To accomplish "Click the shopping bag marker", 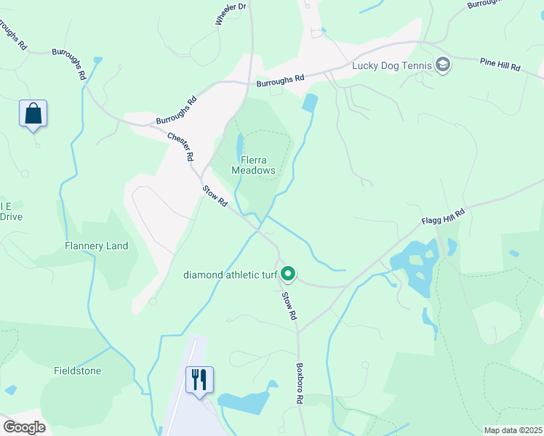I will point(33,114).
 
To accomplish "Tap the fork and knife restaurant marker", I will point(199,380).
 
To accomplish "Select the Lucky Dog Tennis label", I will point(392,65).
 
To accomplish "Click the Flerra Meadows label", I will point(254,165).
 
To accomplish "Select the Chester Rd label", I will point(180,146).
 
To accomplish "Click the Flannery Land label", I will point(96,246).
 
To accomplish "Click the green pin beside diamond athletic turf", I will point(288,274).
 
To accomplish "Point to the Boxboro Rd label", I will point(299,383).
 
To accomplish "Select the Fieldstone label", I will point(76,370).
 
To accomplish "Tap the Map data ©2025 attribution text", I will point(512,429).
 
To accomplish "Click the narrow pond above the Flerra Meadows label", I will point(239,145).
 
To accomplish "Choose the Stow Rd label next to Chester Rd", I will point(215,197).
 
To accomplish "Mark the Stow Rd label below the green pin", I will point(289,306).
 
